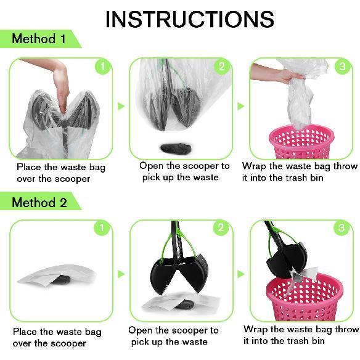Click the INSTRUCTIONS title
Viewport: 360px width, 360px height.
(x=190, y=19)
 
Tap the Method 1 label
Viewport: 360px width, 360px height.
(x=39, y=38)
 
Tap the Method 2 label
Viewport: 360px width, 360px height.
(x=39, y=202)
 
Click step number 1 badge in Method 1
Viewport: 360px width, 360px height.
(x=102, y=67)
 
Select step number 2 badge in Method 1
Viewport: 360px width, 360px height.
(x=221, y=67)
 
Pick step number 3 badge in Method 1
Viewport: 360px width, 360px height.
(x=342, y=67)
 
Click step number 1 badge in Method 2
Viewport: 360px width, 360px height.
(x=102, y=227)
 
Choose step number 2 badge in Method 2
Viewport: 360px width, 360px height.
(x=221, y=227)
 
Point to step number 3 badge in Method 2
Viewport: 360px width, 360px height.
(x=342, y=227)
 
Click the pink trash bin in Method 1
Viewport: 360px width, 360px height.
(x=301, y=142)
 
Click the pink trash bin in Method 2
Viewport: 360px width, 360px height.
(x=305, y=297)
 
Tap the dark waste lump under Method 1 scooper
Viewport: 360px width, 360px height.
(x=176, y=149)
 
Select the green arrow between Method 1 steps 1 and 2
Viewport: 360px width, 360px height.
(x=121, y=106)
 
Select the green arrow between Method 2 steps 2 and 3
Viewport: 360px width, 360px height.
(x=240, y=274)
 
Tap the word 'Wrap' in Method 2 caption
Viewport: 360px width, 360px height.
(x=255, y=330)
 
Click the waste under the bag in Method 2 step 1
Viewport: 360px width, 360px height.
(x=61, y=279)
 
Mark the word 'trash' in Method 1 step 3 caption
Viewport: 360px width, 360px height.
(x=295, y=178)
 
